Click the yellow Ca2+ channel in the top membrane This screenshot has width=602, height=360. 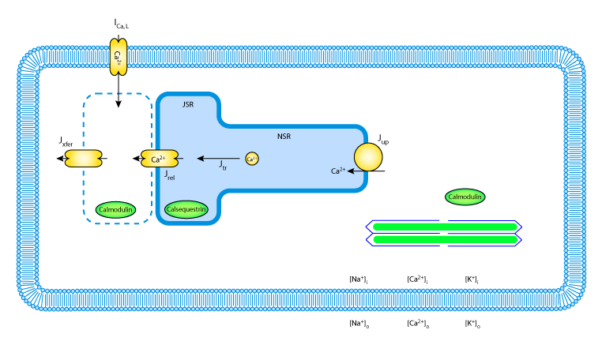118,57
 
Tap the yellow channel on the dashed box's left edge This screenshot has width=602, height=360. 83,159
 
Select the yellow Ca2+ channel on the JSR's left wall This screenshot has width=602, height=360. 159,159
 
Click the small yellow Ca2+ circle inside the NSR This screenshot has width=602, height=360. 251,159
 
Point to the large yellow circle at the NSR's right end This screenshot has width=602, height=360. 368,157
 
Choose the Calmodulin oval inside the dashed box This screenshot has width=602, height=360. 115,209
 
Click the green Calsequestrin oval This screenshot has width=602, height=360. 186,209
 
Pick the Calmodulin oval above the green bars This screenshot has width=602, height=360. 465,197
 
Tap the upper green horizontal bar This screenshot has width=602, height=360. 444,227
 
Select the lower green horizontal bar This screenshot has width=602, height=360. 444,239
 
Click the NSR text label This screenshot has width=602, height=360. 284,137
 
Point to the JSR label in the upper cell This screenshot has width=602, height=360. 188,104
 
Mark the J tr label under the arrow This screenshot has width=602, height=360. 223,166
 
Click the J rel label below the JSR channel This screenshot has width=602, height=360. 170,176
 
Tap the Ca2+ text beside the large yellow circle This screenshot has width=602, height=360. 337,171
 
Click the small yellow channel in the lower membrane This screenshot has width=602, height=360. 118,283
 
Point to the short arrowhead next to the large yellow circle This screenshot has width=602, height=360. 350,171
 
